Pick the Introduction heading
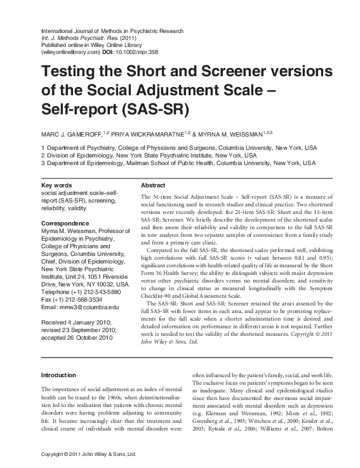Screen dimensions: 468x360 tap(58, 375)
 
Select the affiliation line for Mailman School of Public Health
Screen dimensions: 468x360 tap(178, 163)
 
